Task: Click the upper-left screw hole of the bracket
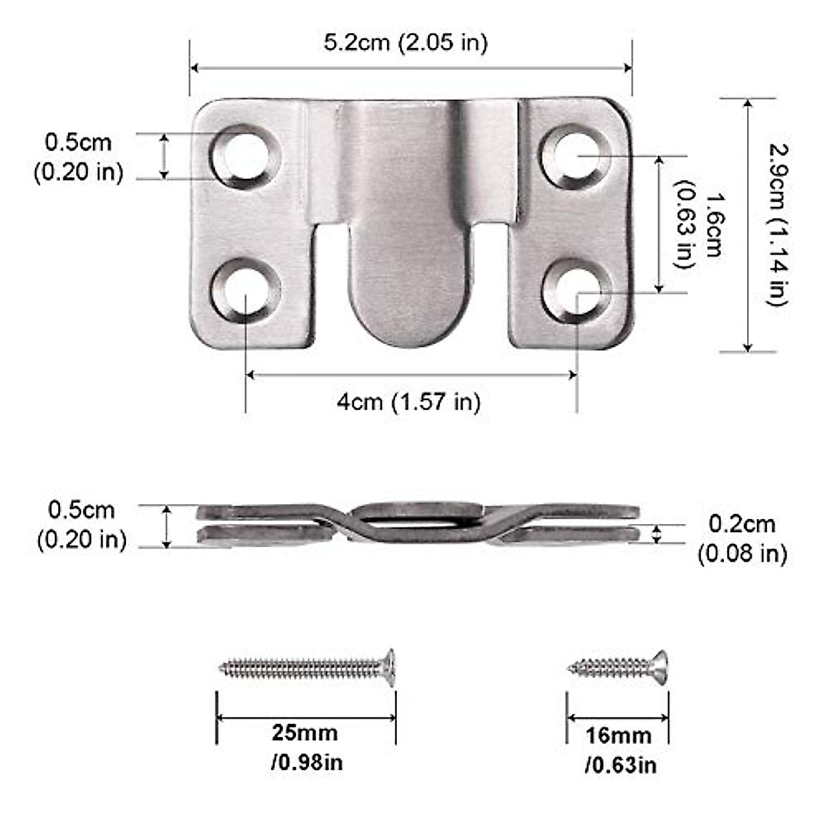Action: pos(244,157)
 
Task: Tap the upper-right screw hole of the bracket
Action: pos(575,156)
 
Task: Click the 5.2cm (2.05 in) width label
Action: pos(405,43)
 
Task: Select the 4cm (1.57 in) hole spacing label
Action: pos(409,401)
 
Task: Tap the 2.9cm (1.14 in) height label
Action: pos(778,224)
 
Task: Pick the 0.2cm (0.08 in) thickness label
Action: pos(742,538)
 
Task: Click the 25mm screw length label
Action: pos(305,732)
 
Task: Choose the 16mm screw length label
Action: pos(619,735)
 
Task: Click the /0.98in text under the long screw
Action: pos(308,762)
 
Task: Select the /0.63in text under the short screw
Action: pos(621,765)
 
